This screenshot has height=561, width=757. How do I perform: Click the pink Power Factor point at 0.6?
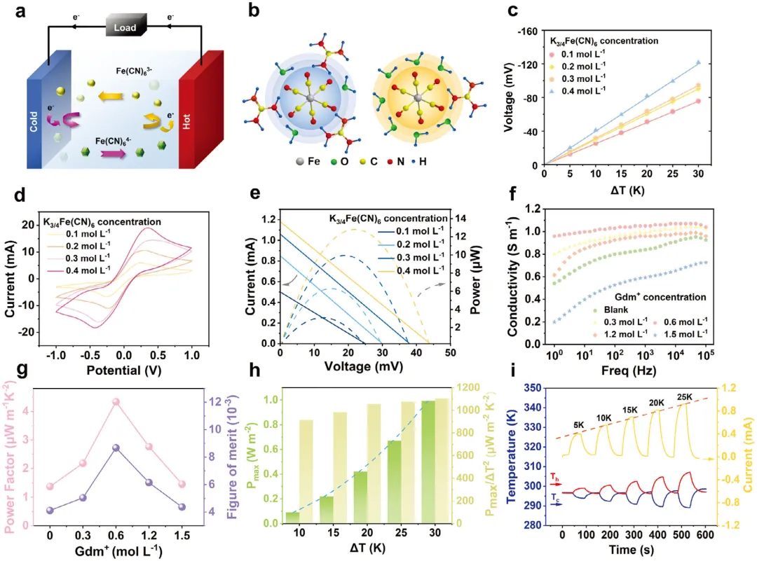pos(116,402)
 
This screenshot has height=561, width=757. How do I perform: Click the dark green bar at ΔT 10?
pos(292,518)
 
